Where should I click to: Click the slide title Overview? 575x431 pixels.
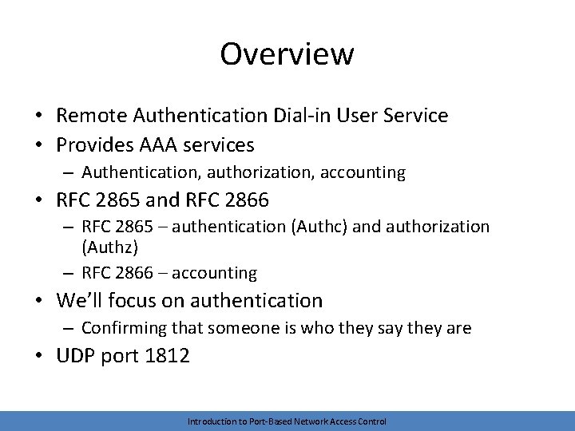coord(287,54)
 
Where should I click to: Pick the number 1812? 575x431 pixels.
coord(167,356)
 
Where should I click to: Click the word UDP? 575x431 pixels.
coord(75,356)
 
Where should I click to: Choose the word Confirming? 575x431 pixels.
coord(122,328)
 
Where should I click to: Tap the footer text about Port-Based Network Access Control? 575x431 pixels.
coord(287,421)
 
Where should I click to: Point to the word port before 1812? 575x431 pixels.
coord(120,357)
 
